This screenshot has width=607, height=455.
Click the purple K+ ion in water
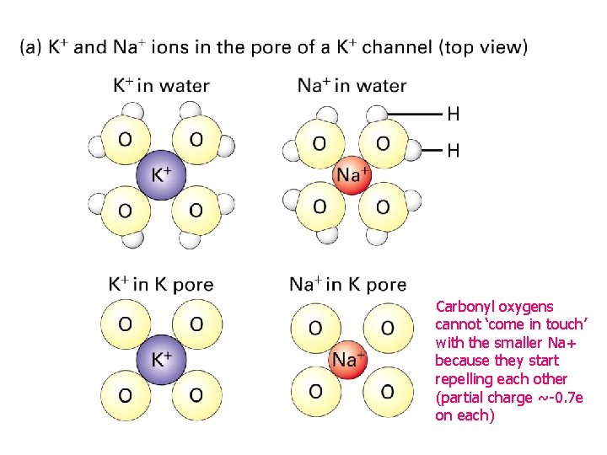[x=161, y=175]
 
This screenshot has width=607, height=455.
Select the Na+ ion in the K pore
[x=348, y=360]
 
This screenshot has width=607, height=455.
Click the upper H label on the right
[x=453, y=113]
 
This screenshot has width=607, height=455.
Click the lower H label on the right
[x=453, y=152]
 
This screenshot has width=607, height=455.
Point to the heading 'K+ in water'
[x=161, y=85]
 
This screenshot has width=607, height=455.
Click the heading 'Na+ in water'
[x=352, y=85]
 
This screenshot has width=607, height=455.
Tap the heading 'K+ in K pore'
[x=161, y=284]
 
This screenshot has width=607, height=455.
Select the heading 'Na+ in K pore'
[x=348, y=284]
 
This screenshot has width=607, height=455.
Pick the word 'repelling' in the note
[x=464, y=379]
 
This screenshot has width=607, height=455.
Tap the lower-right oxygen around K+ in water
[x=196, y=209]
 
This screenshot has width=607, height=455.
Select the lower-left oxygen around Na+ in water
[x=320, y=206]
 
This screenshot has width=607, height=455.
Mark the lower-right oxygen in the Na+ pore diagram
[x=387, y=390]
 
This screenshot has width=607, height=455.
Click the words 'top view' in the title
[x=482, y=47]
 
